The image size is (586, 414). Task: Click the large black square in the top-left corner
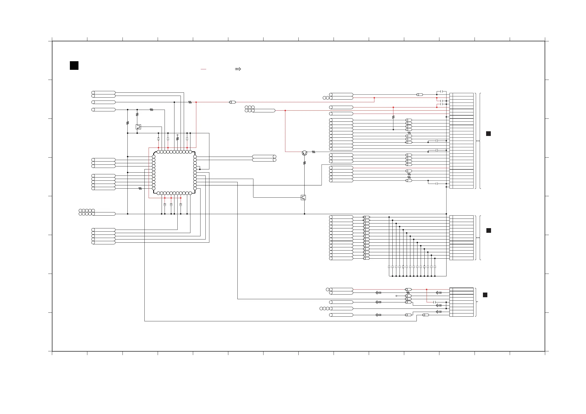74,66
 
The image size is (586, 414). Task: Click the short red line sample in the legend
203,69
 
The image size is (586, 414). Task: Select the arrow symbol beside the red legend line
238,69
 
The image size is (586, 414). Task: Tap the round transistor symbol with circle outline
304,153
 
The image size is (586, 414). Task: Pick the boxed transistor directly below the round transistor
303,197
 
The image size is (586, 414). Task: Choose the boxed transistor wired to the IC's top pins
138,127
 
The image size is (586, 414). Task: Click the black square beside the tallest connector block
488,134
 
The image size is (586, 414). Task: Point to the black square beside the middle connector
489,231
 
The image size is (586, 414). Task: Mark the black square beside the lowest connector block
485,295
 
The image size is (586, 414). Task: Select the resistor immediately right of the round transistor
313,152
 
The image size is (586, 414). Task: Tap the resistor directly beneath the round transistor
304,163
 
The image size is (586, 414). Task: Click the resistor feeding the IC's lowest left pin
140,189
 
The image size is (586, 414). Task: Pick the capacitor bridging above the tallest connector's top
442,91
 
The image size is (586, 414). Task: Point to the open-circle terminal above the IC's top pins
177,135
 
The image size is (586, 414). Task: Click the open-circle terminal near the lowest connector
396,296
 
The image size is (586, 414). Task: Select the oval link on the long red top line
232,102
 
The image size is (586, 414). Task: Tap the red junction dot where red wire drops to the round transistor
285,111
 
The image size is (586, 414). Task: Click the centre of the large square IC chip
174,173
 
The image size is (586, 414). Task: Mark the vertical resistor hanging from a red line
393,117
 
